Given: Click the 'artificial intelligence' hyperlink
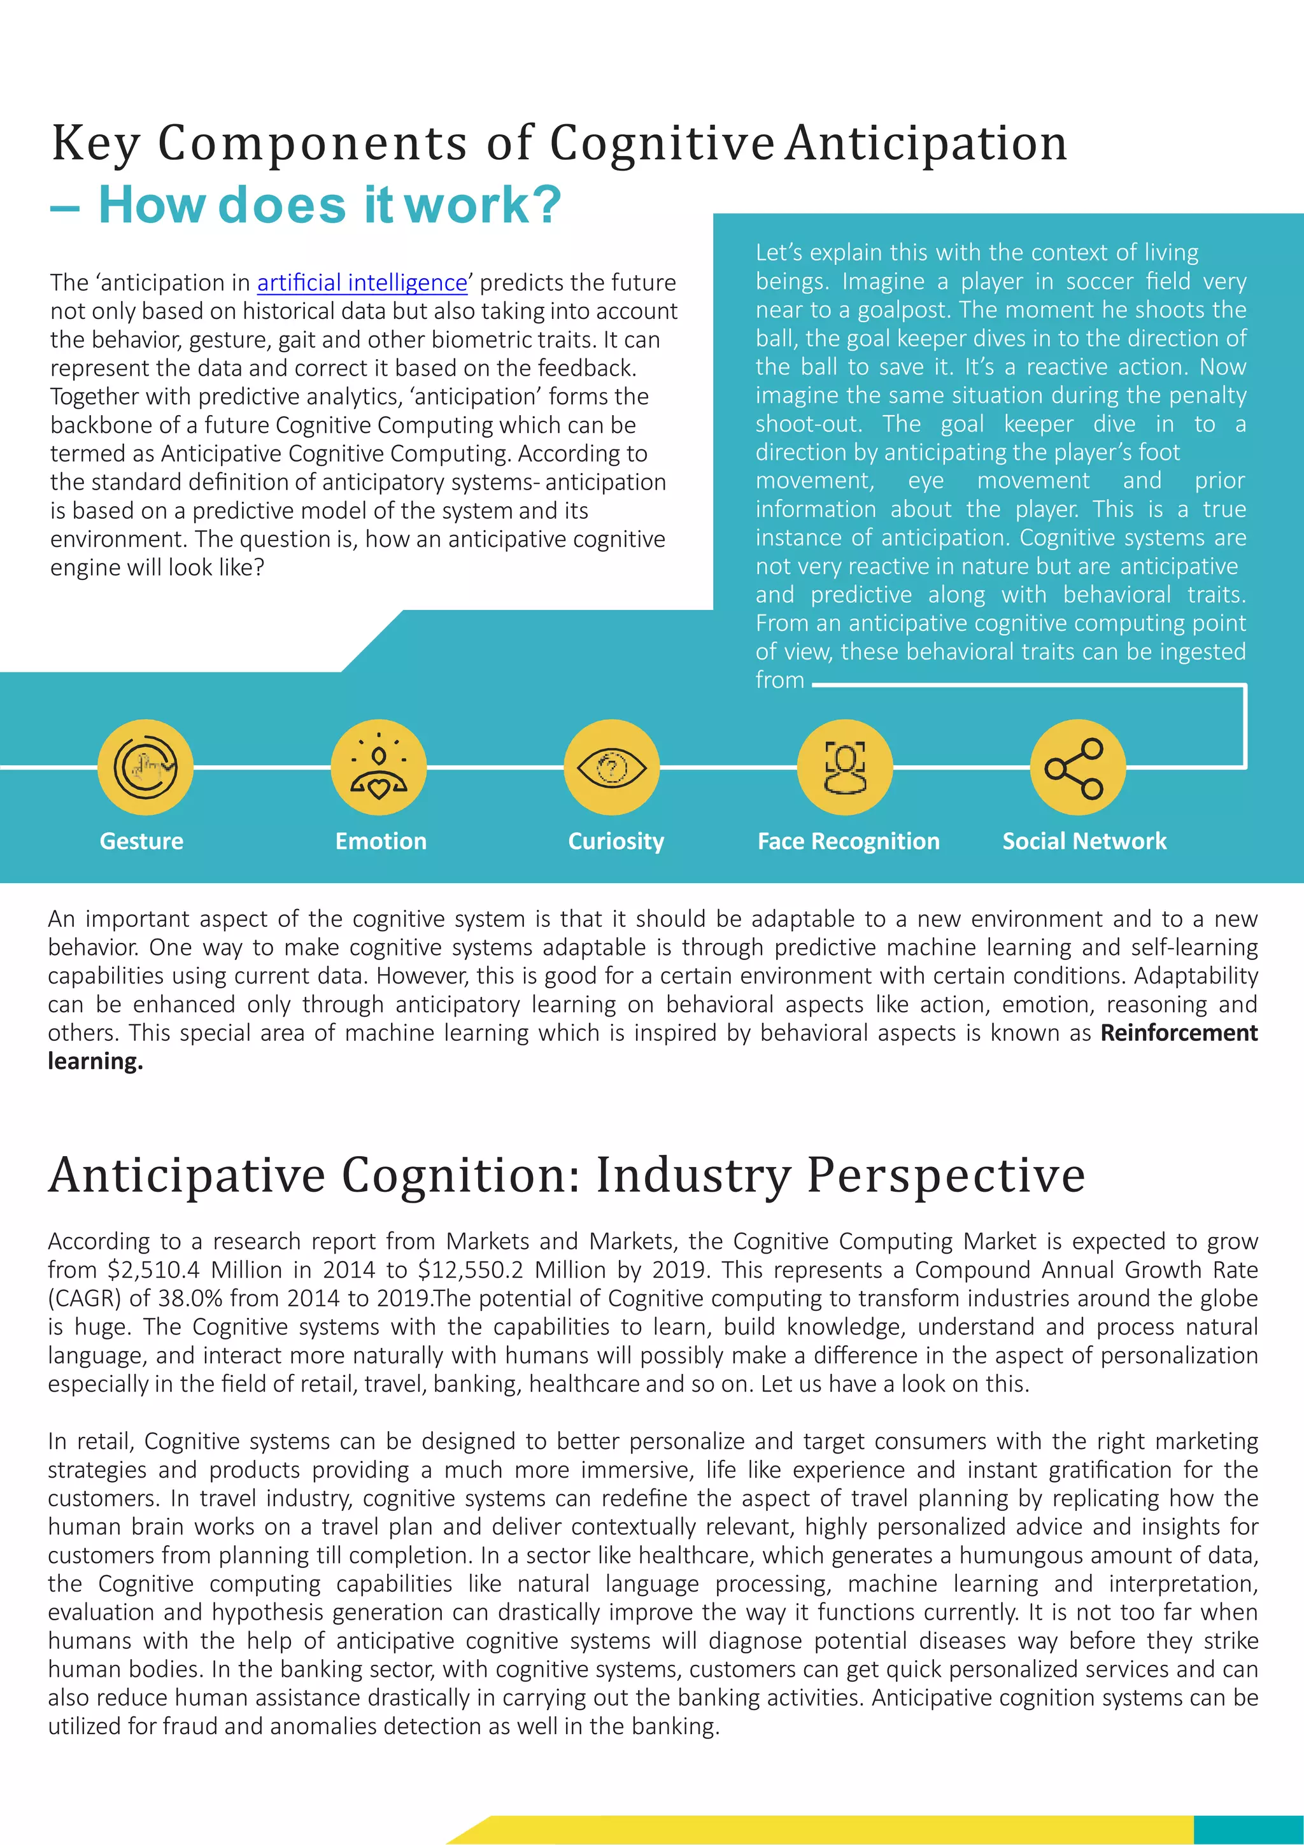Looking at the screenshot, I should (362, 283).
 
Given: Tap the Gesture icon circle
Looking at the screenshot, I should (145, 767).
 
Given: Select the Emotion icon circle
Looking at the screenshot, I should (378, 767).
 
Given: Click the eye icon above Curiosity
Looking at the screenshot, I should (611, 767).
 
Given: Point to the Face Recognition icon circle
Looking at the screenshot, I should (844, 767).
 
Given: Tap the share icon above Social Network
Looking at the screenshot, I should (1077, 767).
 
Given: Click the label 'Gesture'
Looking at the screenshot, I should (141, 842).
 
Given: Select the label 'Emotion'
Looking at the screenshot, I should (381, 842).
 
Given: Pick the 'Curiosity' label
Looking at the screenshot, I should (616, 842).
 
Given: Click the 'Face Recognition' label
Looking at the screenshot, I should (849, 842).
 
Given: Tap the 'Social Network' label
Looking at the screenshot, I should (1084, 842).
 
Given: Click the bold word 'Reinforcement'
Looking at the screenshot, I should (1179, 1033).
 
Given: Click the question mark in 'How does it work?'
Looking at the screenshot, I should (546, 206).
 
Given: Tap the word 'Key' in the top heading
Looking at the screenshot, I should (96, 145).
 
